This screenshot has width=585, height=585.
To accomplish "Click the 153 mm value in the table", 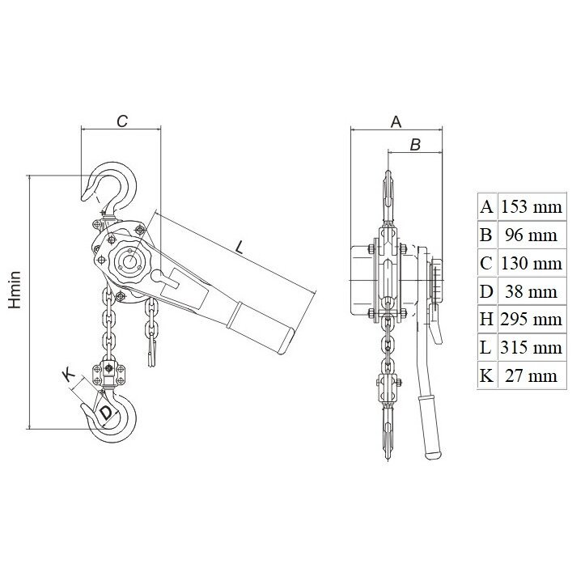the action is pos(531,206).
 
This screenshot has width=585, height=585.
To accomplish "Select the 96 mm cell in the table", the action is pos(531,235).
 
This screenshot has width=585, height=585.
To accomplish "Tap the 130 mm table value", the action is pos(531,264).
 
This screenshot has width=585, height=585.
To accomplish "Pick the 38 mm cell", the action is pos(531,291).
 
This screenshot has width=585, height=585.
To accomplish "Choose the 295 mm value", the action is pos(531,320).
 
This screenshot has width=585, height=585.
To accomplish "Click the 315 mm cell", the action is pos(531,348).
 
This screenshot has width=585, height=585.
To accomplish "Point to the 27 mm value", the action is pos(531,375).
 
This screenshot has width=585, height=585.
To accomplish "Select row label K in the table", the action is pos(486,375).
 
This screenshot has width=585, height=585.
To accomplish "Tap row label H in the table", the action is pos(486,320).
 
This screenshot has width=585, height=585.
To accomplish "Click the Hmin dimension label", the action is pos(15,290).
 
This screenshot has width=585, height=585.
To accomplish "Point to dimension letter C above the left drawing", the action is pos(122,121).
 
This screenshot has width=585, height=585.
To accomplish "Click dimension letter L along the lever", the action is pos(240,247).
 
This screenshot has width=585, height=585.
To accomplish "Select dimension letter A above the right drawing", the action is pos(396,121).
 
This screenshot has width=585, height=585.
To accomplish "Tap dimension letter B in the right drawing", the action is pos(415,144).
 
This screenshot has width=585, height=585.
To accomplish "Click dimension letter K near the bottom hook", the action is pos(68,375).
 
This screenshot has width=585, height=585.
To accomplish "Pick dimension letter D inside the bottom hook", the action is pos(105,413).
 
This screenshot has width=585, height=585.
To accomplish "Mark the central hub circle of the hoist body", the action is pos(129,261).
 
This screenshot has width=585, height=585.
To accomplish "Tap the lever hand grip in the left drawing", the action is pos(262,326).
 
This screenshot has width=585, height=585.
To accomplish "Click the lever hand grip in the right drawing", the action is pos(430,426).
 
